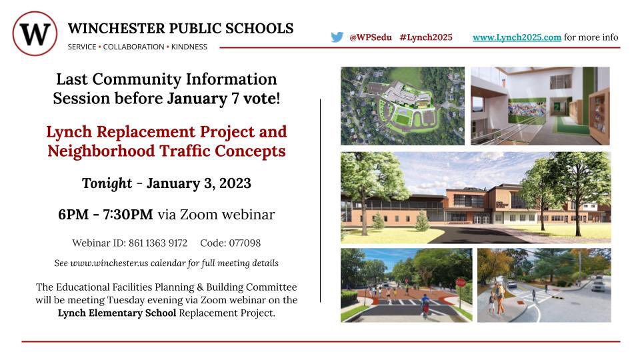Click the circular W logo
[35, 33]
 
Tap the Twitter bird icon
[337, 37]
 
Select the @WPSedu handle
[371, 37]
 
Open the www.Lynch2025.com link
[517, 37]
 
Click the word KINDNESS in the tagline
[189, 47]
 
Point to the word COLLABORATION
[133, 47]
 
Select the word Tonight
[106, 183]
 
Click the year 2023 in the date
[230, 183]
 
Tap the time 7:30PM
[125, 215]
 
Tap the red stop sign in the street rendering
[460, 282]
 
